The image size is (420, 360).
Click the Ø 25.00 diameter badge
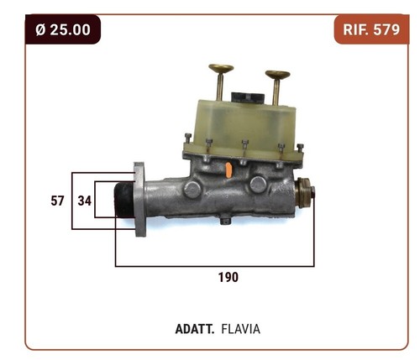coord(63,29)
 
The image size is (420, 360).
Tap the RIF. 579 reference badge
coord(371,29)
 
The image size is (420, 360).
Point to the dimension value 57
coord(57,201)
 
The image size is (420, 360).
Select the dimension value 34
coord(85,201)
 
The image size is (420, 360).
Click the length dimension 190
coord(228,277)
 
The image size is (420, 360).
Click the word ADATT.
coord(195,329)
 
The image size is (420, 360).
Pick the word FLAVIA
coord(241,329)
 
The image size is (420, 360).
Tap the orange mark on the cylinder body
coord(228,170)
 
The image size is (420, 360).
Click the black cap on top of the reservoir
coord(248,97)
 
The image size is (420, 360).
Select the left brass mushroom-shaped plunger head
coord(221,69)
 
